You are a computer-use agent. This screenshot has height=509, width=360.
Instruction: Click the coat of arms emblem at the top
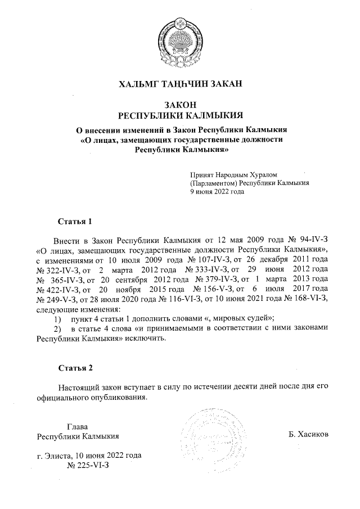coord(181,40)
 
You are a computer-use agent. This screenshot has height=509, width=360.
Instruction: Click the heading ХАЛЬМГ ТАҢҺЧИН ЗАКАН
coord(180,85)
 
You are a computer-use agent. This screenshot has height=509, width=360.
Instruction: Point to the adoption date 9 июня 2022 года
coord(217,191)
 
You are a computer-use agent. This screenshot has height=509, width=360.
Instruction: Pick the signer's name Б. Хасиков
coord(308,435)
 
